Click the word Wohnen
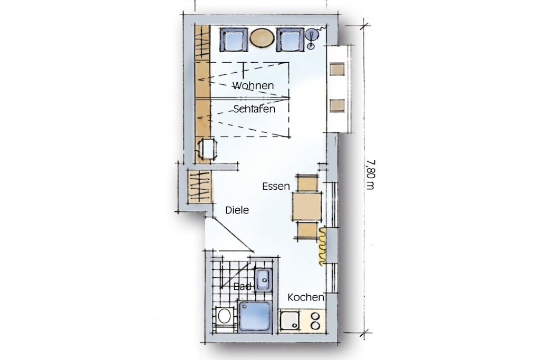(253, 85)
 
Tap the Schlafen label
(254, 109)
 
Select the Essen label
(276, 186)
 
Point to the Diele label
(237, 210)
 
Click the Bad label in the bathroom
(243, 286)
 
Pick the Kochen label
(306, 297)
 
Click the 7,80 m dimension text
(370, 174)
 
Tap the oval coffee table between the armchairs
(262, 38)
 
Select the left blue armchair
(234, 39)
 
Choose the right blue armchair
(291, 39)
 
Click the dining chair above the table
(307, 183)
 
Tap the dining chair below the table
(306, 230)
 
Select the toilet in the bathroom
(224, 316)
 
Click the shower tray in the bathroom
(255, 316)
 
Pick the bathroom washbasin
(264, 280)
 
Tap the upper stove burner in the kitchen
(315, 316)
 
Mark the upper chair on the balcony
(337, 69)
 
